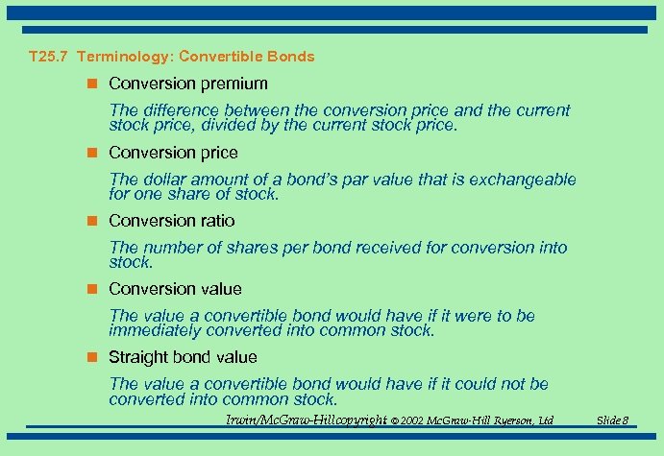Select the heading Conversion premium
point(188,84)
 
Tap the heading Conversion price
point(173,153)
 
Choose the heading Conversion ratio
point(171,221)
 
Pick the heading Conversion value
point(175,289)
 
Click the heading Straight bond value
point(183,357)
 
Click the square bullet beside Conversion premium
point(93,84)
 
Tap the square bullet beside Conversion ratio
point(93,221)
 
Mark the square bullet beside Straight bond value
point(93,357)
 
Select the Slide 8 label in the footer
point(612,420)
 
